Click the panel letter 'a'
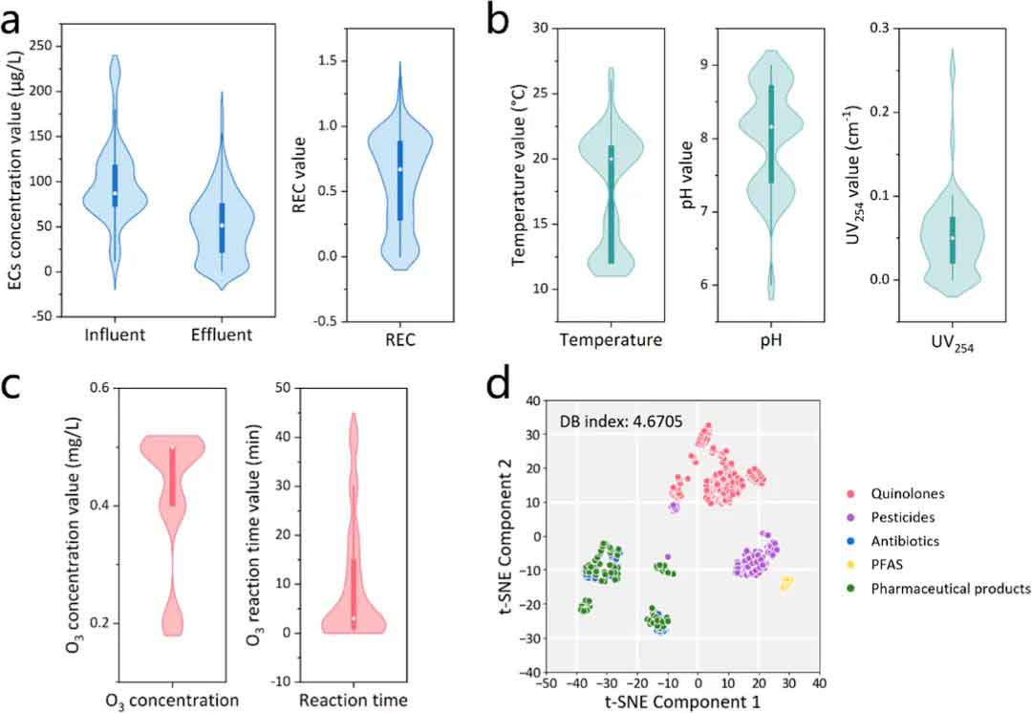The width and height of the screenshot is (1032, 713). pyautogui.click(x=13, y=19)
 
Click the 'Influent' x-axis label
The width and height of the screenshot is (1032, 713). pyautogui.click(x=115, y=335)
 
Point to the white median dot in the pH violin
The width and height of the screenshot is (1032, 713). pyautogui.click(x=771, y=127)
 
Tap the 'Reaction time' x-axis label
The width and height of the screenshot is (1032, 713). pyautogui.click(x=354, y=701)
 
